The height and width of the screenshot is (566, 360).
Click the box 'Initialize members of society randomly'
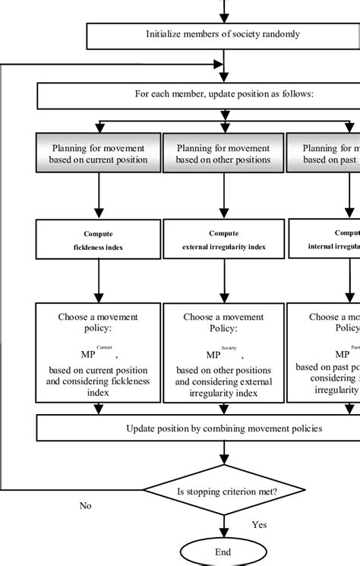pyautogui.click(x=223, y=33)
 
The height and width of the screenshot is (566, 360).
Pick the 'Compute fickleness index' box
pyautogui.click(x=99, y=239)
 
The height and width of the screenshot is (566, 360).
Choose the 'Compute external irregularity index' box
pyautogui.click(x=223, y=239)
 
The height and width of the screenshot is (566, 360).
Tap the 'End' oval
pyautogui.click(x=222, y=552)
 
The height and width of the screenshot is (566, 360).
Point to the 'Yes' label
pyautogui.click(x=259, y=524)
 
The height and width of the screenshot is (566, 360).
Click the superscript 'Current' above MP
pyautogui.click(x=104, y=346)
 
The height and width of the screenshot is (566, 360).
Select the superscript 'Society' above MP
pyautogui.click(x=229, y=346)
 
